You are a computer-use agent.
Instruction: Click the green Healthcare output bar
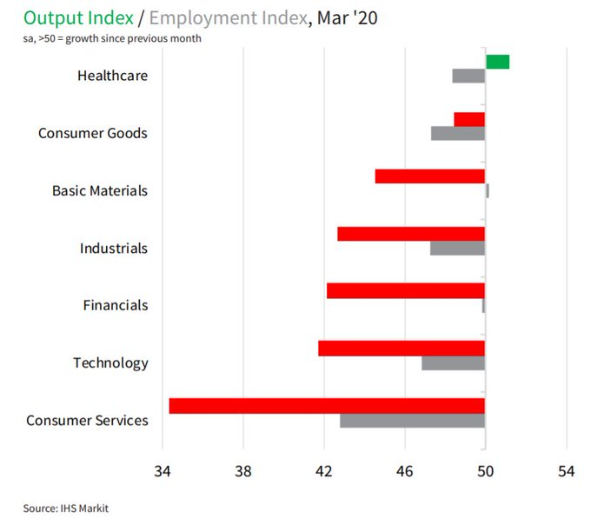[497, 61]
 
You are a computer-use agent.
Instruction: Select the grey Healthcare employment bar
[468, 76]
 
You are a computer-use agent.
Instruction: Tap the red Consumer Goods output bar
[469, 119]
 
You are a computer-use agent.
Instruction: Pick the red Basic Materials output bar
[429, 176]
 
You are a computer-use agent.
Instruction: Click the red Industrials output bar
[411, 234]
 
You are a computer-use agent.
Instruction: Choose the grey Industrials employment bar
[457, 248]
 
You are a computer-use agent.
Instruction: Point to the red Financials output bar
[405, 290]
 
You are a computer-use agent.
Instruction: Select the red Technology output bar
[402, 348]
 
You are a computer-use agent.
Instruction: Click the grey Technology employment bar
[453, 362]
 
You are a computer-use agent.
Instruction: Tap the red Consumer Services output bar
[327, 406]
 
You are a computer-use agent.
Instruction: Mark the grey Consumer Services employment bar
[412, 421]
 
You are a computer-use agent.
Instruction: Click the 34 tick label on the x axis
[162, 472]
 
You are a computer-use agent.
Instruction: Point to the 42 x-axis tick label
[323, 472]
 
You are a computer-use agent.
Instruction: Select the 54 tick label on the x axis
[567, 472]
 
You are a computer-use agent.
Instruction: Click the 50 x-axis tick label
[485, 472]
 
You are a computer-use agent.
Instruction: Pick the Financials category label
[116, 305]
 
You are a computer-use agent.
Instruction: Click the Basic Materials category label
[100, 190]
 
